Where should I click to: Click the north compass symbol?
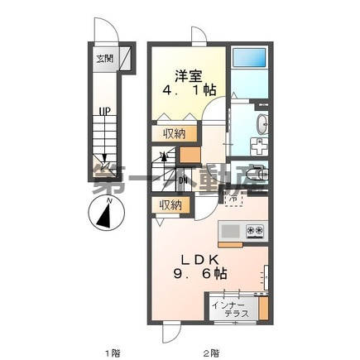103,218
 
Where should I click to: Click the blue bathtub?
247,60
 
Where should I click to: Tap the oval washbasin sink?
262,124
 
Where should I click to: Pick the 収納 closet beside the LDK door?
171,204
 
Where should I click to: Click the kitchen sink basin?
229,230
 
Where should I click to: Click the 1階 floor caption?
111,353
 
